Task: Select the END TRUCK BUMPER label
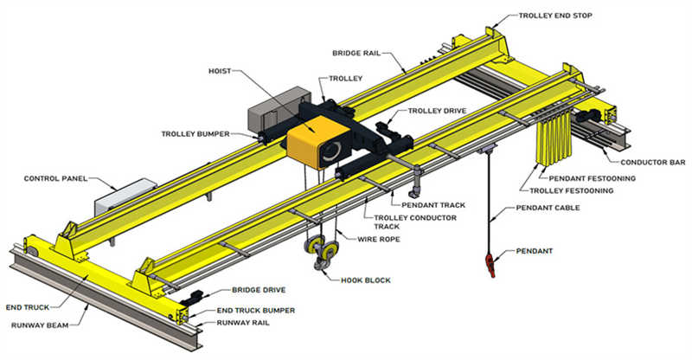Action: click(253, 310)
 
